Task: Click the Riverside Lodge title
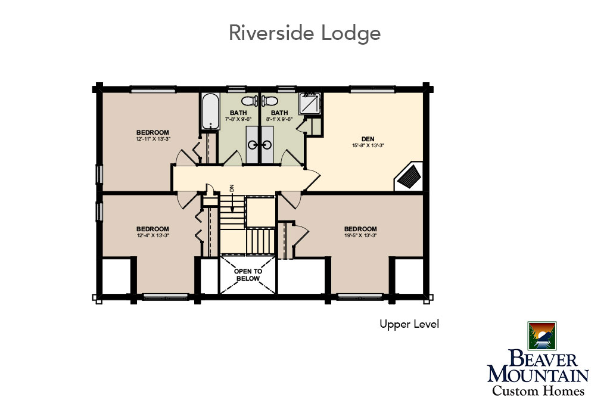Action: pyautogui.click(x=304, y=33)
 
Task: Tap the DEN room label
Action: pyautogui.click(x=368, y=139)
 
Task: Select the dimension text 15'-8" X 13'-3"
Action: pyautogui.click(x=368, y=145)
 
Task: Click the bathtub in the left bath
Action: pyautogui.click(x=210, y=111)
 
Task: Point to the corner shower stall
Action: pyautogui.click(x=310, y=102)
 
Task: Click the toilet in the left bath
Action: pyautogui.click(x=250, y=101)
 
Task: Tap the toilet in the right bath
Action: pyautogui.click(x=269, y=101)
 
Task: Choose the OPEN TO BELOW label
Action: pyautogui.click(x=248, y=275)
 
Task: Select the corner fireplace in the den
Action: pyautogui.click(x=410, y=177)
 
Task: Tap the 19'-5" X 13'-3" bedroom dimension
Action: pyautogui.click(x=360, y=235)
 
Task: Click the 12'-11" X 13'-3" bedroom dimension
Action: pyautogui.click(x=153, y=139)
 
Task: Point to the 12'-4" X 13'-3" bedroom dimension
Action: pyautogui.click(x=152, y=235)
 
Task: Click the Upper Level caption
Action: pyautogui.click(x=409, y=324)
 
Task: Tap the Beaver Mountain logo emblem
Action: pyautogui.click(x=542, y=336)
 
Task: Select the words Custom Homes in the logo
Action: pyautogui.click(x=539, y=390)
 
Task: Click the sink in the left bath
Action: pyautogui.click(x=253, y=145)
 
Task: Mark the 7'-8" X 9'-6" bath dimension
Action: pyautogui.click(x=238, y=119)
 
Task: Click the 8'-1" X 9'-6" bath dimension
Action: pyautogui.click(x=279, y=119)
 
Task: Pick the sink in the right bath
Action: pyautogui.click(x=266, y=145)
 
